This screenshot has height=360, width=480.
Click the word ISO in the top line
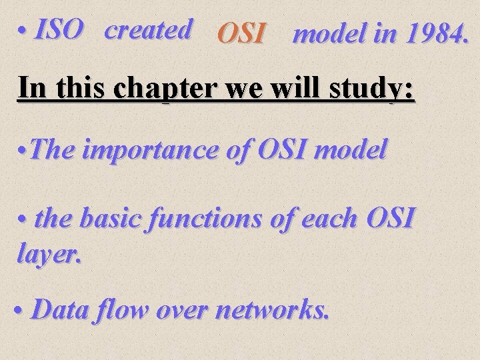pyautogui.click(x=60, y=30)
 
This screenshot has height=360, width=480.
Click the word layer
pyautogui.click(x=48, y=254)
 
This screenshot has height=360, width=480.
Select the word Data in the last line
pyautogui.click(x=63, y=310)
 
